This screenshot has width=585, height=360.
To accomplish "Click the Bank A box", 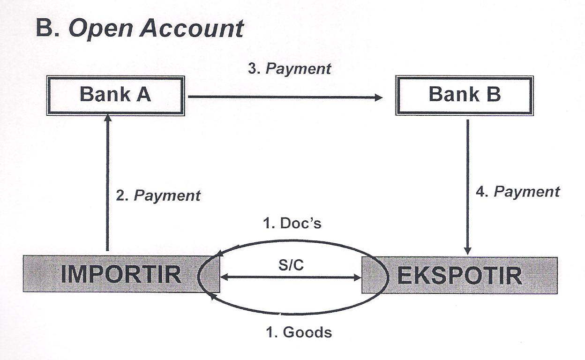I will coord(115,95).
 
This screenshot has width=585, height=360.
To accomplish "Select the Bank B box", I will coord(464,95).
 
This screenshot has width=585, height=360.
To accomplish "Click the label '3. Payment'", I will coord(289,68).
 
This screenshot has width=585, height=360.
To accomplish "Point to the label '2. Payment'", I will coord(158,195).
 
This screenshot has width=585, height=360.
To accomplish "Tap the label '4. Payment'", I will coord(517,191).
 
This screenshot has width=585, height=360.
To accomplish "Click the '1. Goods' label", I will coord(299,332).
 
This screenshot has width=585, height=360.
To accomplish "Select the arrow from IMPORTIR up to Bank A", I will coord(108,183).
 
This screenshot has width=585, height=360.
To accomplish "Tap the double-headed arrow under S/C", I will coord(291,277).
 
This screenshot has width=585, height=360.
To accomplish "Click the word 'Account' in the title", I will coord(192,29).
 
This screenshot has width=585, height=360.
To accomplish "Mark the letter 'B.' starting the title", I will coord(48,29).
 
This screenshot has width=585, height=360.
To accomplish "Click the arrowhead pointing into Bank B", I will coord(378,97).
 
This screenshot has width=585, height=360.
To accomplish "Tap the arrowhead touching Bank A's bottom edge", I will coord(108,119).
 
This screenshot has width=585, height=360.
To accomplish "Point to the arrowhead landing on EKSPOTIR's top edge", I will coord(467,251).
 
